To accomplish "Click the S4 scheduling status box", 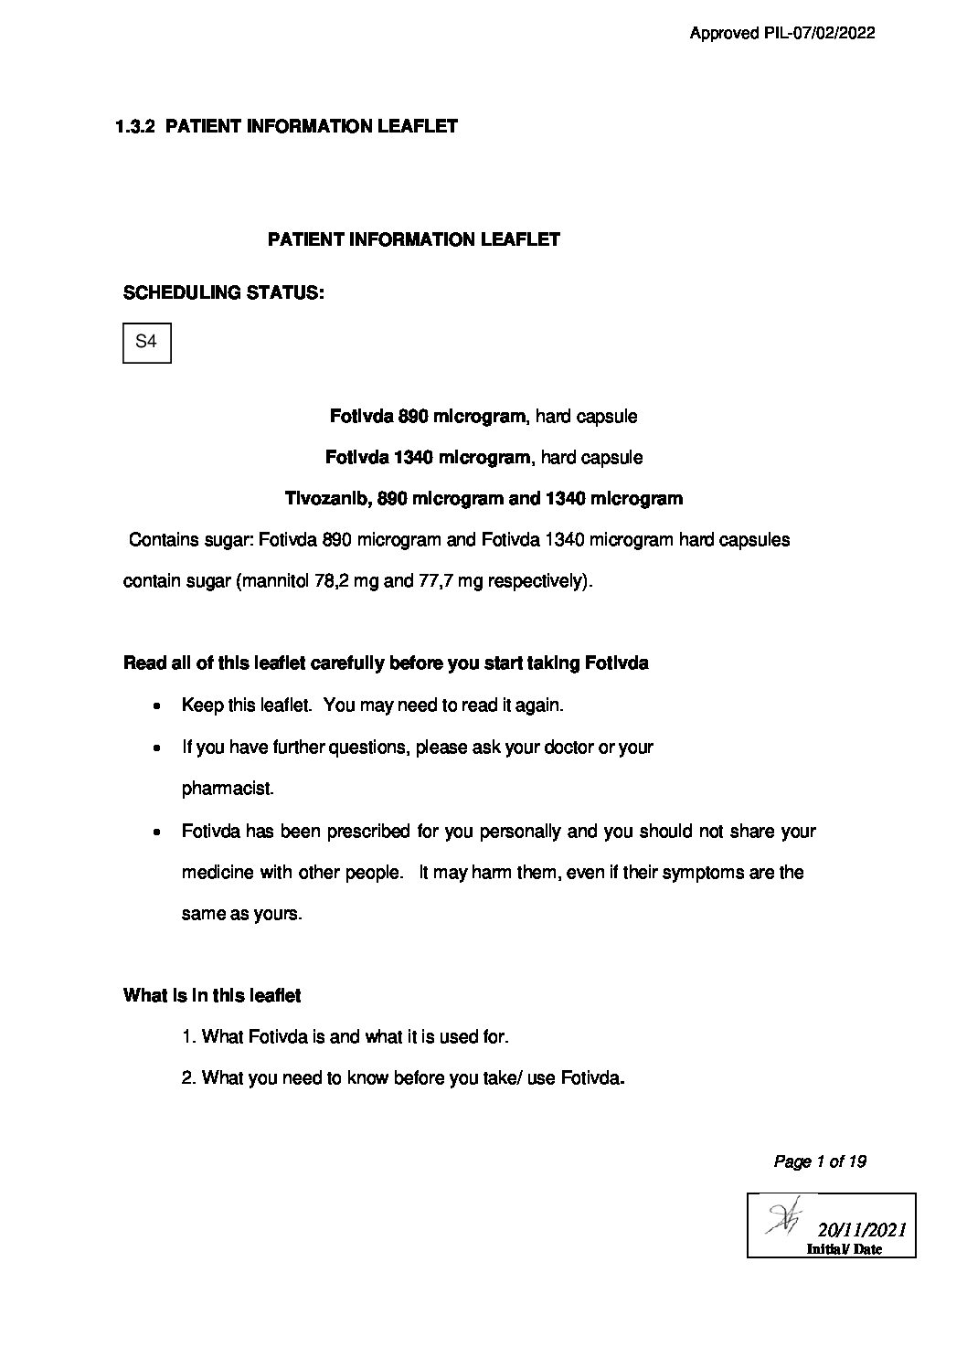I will (x=146, y=343).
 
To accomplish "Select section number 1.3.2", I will (x=136, y=126).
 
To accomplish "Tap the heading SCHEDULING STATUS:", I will (x=223, y=293).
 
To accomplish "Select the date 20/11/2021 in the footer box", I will (x=861, y=1230).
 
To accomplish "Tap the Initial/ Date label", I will (x=844, y=1249).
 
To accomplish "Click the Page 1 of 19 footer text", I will (x=820, y=1161).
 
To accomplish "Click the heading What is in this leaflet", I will (x=212, y=995).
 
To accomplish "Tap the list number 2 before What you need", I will (x=187, y=1078).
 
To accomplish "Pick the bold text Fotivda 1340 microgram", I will (x=428, y=457).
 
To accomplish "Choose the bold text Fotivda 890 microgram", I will (x=427, y=416).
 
